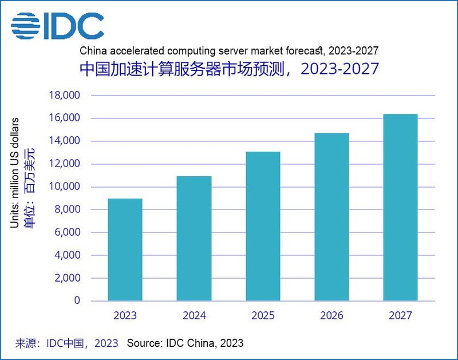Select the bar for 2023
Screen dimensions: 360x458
click(125, 250)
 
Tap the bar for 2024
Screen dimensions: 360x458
click(194, 238)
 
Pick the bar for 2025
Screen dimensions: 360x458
click(263, 226)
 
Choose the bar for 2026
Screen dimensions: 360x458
click(331, 217)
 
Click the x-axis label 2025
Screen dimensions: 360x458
click(263, 315)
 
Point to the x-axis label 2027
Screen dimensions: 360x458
click(400, 315)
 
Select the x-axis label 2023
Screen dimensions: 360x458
click(125, 315)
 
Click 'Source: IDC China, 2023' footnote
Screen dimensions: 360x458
click(185, 343)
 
